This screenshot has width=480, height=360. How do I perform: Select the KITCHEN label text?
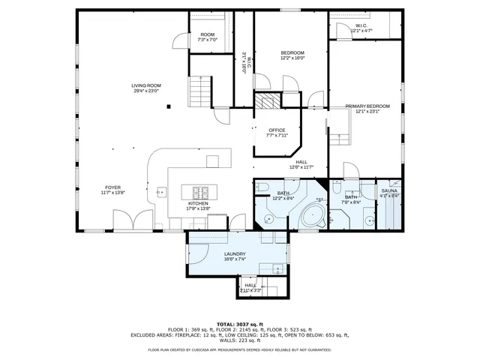point(198,204)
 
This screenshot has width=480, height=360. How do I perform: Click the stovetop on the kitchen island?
point(200,190)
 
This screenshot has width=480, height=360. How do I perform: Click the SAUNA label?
point(389,191)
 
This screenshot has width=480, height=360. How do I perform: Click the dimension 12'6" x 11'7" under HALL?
point(301,167)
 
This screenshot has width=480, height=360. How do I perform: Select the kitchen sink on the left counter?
point(160,193)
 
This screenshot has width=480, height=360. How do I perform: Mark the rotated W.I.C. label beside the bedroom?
point(244,61)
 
